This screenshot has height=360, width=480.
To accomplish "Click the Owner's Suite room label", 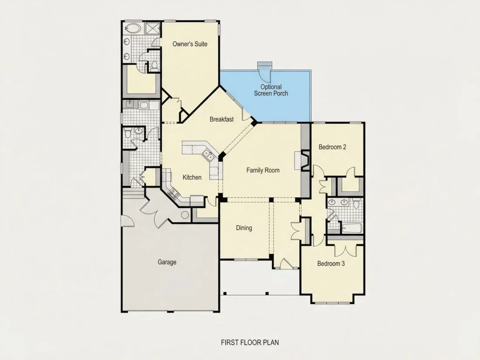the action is coord(190,44).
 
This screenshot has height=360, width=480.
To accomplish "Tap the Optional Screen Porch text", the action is coord(271,90).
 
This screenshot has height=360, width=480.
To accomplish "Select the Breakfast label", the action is coord(222,119).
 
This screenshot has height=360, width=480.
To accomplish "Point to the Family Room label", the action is coord(263,170).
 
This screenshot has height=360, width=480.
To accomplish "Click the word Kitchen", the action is coord(192,177).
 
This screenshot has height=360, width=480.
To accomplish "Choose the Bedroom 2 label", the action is coord(333,147).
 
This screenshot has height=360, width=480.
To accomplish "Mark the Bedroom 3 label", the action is coord(331,264).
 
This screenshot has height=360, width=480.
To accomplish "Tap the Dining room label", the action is coord(244,228).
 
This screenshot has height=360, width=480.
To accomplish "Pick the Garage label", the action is coord(167,262).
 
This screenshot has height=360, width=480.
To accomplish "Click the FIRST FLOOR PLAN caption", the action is coord(250,342).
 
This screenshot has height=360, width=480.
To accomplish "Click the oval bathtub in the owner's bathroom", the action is coord(133,29).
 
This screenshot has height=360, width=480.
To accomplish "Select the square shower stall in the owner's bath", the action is coord(152,29).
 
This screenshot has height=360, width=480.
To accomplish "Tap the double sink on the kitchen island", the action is coord(208,155).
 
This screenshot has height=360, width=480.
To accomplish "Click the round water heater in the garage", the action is coord(185,215).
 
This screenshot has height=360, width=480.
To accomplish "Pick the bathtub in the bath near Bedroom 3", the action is coord(352,228).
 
